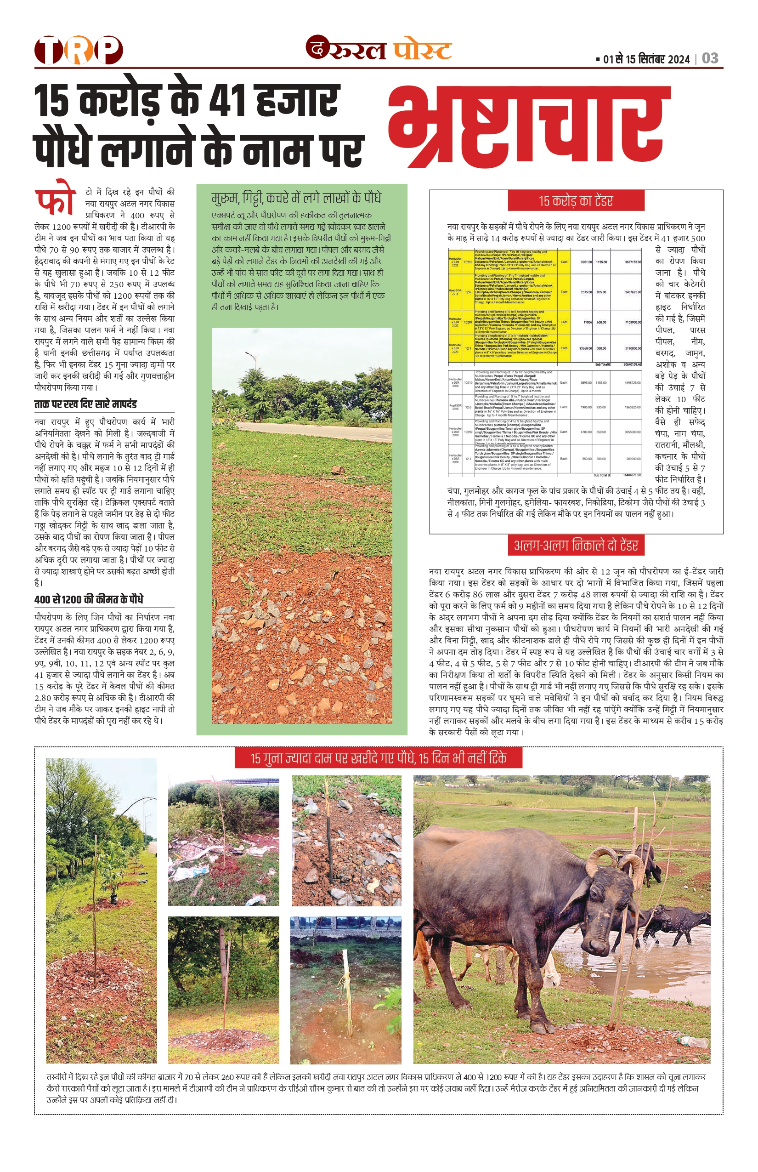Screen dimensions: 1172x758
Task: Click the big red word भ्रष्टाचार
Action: (x=529, y=126)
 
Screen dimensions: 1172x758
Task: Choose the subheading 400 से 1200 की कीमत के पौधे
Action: (x=89, y=599)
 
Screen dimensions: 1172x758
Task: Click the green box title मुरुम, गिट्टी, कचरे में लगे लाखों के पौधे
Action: (x=296, y=198)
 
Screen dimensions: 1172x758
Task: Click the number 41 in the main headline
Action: (x=227, y=101)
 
